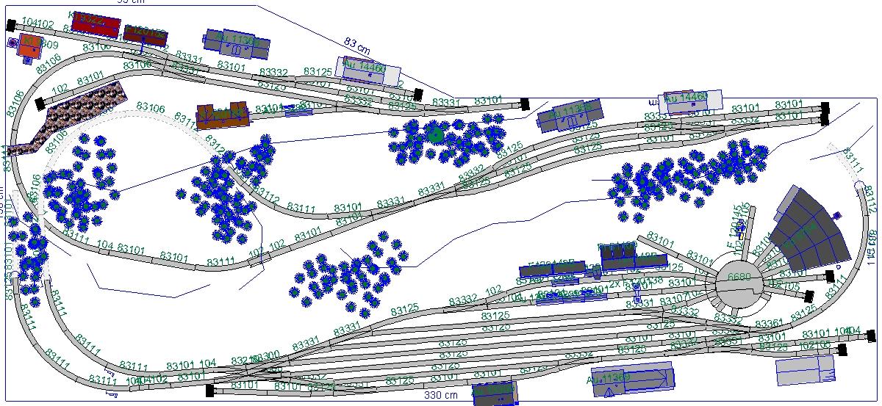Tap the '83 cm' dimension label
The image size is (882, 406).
pos(358,45)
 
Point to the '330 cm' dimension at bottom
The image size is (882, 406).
pos(441,395)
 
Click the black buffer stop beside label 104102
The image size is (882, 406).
pos(11,25)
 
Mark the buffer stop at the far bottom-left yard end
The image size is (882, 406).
pos(210,390)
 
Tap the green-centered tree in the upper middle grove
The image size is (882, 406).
pos(436,135)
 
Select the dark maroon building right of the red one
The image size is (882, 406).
pos(146,35)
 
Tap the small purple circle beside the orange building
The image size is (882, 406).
pos(13,43)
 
